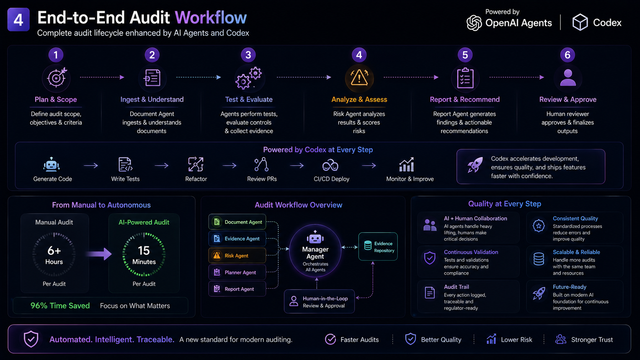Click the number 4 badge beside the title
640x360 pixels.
(18, 20)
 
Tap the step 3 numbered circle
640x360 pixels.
(248, 55)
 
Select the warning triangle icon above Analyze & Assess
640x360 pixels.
(359, 78)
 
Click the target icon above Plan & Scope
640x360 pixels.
(57, 77)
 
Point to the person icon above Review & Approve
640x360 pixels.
(568, 77)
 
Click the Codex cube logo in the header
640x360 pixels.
(580, 22)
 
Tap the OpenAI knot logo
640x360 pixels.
(474, 23)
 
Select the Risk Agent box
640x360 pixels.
(237, 256)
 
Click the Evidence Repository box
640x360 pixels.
(378, 247)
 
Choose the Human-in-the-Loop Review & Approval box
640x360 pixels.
(319, 302)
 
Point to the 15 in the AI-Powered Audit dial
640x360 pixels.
(144, 251)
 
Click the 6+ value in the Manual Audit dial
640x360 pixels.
(54, 251)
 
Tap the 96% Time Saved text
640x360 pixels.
(60, 306)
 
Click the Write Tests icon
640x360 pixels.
(125, 165)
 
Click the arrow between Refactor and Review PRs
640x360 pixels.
(229, 165)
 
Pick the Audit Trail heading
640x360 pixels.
(456, 287)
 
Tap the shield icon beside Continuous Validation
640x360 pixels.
(430, 258)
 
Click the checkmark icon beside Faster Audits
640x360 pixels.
(330, 339)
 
